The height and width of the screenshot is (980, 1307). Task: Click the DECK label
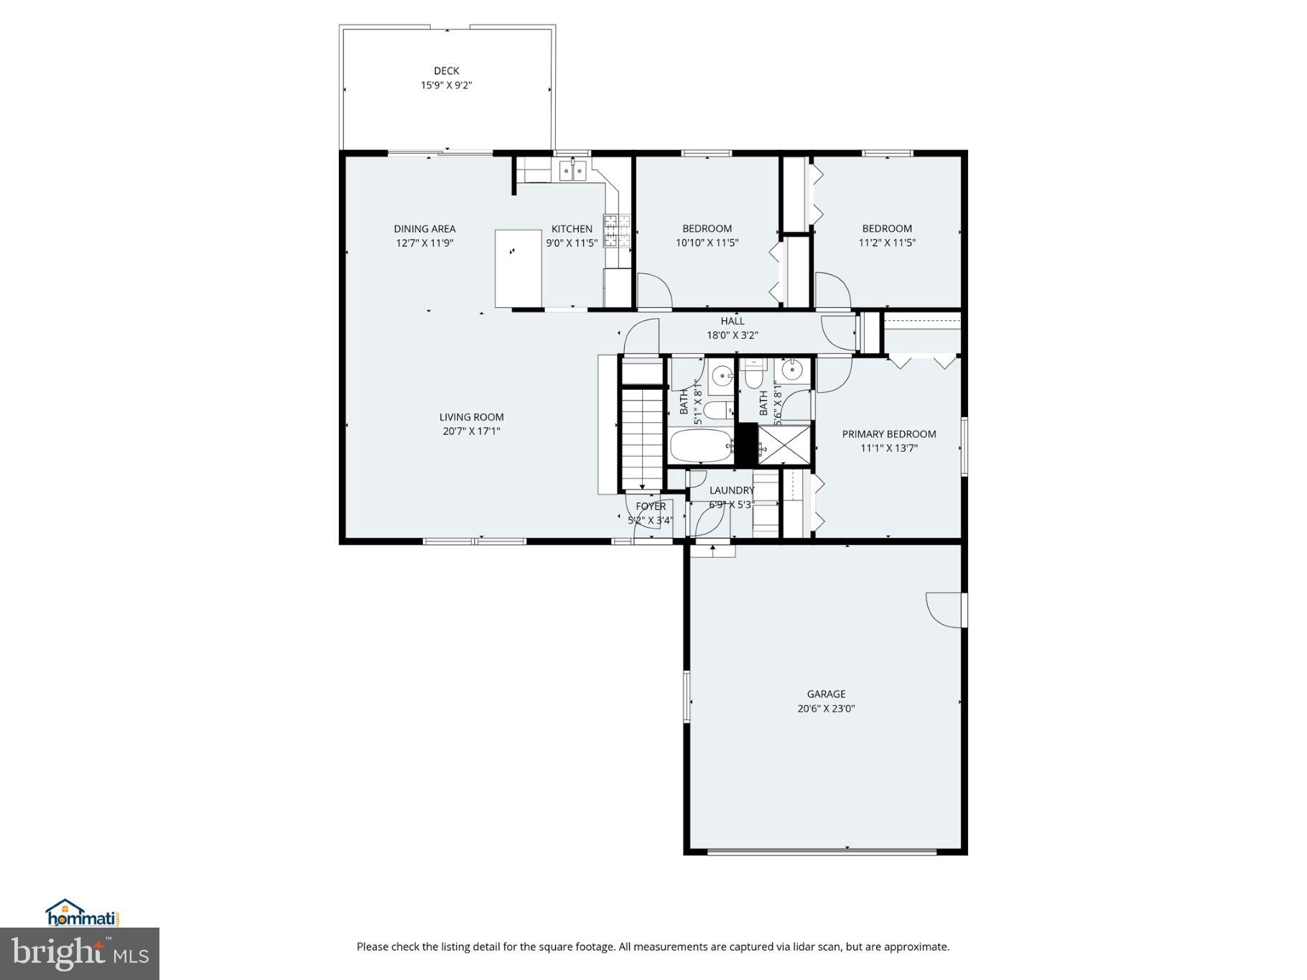[x=446, y=71]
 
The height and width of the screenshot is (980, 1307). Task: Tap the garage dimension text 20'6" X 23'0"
[x=826, y=709]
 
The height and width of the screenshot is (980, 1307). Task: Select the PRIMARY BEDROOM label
[x=888, y=434]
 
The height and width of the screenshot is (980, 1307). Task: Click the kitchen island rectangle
[x=518, y=269]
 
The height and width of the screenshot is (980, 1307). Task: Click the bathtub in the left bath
[x=700, y=447]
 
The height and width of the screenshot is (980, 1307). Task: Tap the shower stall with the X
[x=784, y=446]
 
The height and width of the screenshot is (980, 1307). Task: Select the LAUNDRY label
[x=732, y=491]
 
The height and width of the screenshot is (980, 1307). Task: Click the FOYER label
[x=651, y=507]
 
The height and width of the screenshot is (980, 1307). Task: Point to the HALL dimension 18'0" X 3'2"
[x=732, y=335]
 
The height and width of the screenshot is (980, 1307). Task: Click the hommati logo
[x=81, y=913]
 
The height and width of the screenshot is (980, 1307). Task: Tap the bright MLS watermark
[x=79, y=953]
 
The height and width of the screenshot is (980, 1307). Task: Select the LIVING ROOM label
[x=471, y=417]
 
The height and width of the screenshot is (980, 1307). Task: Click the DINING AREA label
[x=424, y=229]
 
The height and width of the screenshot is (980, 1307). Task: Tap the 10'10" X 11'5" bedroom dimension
[x=707, y=243]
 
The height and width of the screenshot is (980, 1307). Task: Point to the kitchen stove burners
[x=616, y=230]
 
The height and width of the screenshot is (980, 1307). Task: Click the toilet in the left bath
[x=717, y=410]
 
